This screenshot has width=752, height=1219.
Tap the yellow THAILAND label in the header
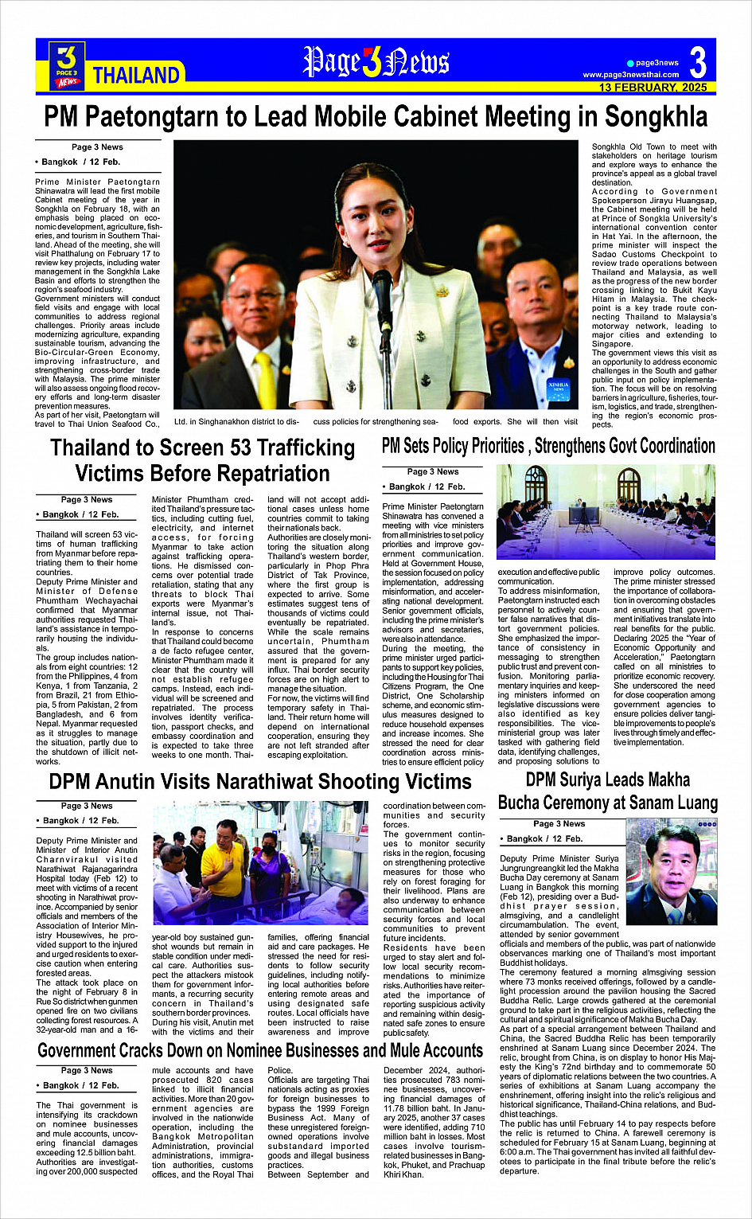[x=136, y=76]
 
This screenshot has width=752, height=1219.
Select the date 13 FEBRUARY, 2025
[x=653, y=88]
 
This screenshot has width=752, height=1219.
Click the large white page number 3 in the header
[x=697, y=62]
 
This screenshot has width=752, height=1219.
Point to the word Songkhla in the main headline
[x=655, y=117]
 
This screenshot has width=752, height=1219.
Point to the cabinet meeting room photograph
[x=606, y=511]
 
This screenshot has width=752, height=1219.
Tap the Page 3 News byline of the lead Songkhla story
[x=97, y=147]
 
